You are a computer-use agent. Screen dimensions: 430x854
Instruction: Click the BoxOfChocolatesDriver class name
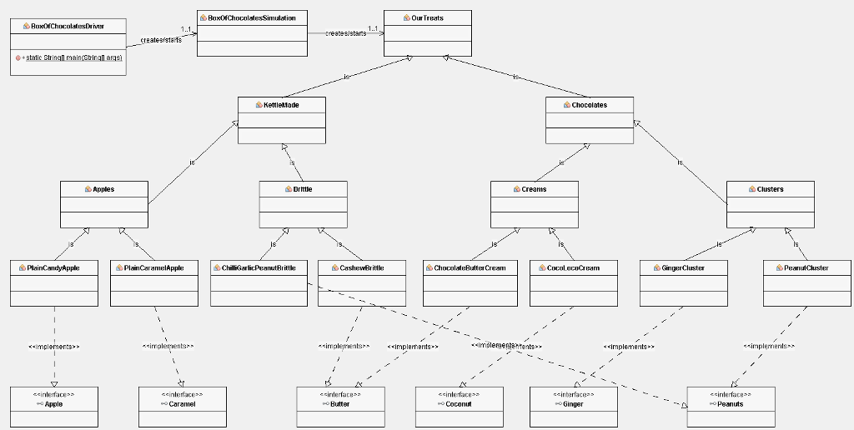pyautogui.click(x=73, y=27)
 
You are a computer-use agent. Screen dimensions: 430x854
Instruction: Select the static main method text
pyautogui.click(x=72, y=58)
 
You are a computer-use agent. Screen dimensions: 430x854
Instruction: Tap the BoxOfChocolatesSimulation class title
pyautogui.click(x=251, y=17)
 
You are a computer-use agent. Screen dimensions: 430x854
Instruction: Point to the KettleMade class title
pyautogui.click(x=281, y=105)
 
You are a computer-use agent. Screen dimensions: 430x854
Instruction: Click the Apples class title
pyautogui.click(x=103, y=189)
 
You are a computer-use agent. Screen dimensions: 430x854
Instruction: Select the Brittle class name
pyautogui.click(x=303, y=189)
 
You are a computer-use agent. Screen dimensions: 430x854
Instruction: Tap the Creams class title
pyautogui.click(x=534, y=189)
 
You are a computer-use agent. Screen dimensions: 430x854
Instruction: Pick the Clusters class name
pyautogui.click(x=770, y=189)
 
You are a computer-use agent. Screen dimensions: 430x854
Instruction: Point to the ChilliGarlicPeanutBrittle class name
pyautogui.click(x=259, y=268)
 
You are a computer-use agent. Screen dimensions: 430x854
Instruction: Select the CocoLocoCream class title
pyautogui.click(x=573, y=268)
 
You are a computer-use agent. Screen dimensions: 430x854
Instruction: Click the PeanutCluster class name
pyautogui.click(x=806, y=268)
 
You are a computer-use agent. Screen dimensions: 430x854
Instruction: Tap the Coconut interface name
pyautogui.click(x=459, y=404)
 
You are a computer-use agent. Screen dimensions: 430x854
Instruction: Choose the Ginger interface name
pyautogui.click(x=573, y=404)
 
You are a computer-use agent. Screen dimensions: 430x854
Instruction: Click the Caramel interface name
pyautogui.click(x=182, y=404)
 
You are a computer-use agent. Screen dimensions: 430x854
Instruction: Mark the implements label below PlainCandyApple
pyautogui.click(x=54, y=346)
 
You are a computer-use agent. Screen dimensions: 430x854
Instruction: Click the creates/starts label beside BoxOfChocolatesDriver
pyautogui.click(x=161, y=40)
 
